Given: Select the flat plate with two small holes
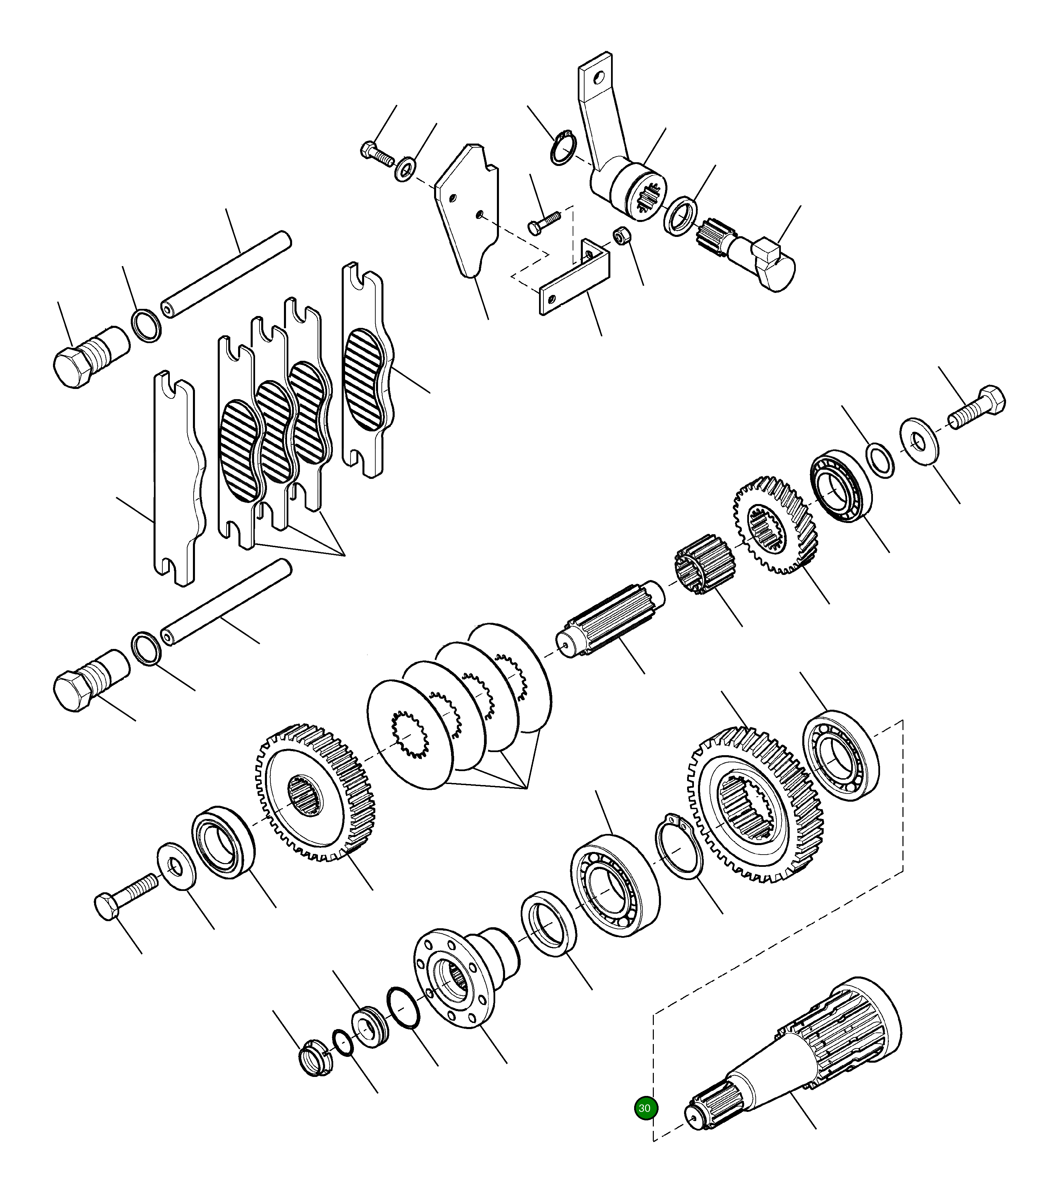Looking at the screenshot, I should pos(467,210).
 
